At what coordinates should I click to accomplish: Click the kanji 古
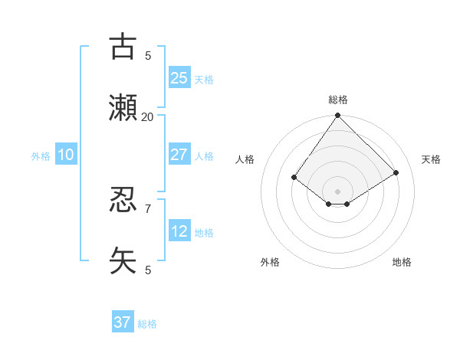(123, 47)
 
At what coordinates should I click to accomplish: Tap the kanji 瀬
(123, 109)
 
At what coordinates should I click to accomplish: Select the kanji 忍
(123, 200)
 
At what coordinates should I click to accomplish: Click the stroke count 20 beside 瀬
(147, 116)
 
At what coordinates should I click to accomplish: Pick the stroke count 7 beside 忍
(147, 208)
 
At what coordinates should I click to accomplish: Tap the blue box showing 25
(179, 77)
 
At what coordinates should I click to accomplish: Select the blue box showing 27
(179, 154)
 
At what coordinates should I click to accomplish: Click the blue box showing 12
(179, 231)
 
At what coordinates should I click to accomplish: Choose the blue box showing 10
(65, 154)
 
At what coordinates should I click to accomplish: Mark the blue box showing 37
(122, 322)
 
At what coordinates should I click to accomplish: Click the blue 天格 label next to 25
(204, 80)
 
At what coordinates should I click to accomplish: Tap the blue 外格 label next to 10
(41, 156)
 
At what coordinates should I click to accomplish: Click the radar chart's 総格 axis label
(338, 100)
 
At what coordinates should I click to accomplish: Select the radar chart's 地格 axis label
(402, 262)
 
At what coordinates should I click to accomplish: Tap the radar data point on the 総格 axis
(337, 116)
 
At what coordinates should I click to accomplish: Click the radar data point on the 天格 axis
(396, 173)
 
